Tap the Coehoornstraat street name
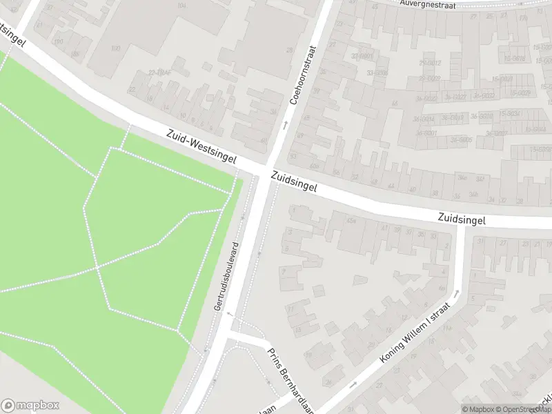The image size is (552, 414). coord(302,75)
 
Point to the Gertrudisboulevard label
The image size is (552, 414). coord(226,276)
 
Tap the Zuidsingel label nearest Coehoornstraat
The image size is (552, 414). coord(293,183)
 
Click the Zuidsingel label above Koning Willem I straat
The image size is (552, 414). coord(461,219)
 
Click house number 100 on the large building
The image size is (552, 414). coord(115,48)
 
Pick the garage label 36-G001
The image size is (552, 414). coord(426,133)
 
